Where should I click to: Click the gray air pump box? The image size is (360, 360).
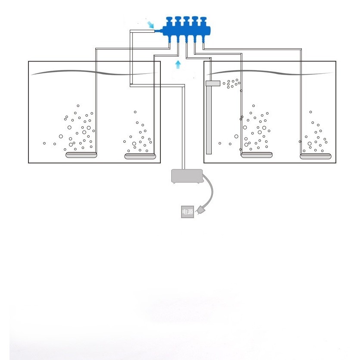[x=187, y=176]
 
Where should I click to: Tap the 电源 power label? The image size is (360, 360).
[x=188, y=212]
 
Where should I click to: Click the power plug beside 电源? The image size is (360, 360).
[x=200, y=210]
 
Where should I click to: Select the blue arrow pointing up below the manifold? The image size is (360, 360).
[x=178, y=65]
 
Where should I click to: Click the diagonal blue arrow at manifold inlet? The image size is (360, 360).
[x=150, y=25]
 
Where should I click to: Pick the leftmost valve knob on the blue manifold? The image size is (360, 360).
[x=169, y=21]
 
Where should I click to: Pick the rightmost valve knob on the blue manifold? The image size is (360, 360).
[x=203, y=21]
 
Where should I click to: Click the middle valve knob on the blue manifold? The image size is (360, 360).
[x=186, y=21]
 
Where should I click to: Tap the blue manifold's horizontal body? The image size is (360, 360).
[x=186, y=31]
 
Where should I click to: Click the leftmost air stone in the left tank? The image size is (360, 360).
[x=81, y=155]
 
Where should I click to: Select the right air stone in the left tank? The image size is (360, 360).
[x=140, y=157]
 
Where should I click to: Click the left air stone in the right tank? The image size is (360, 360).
[x=257, y=155]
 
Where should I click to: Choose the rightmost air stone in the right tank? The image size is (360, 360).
[x=316, y=157]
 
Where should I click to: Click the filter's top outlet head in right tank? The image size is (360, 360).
[x=213, y=83]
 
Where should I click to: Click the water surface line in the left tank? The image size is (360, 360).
[x=94, y=72]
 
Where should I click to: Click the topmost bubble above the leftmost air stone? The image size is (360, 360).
[x=78, y=106]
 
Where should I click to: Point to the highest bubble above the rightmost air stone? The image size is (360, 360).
[x=311, y=112]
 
